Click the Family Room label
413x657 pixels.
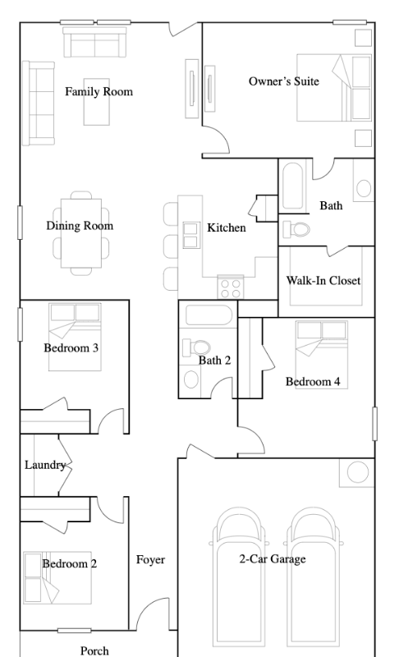pos(99,92)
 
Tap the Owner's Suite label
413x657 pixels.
pos(283,80)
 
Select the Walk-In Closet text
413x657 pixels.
pos(324,280)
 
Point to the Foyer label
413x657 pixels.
pos(150,560)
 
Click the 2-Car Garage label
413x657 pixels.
pos(273,559)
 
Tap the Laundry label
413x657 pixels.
pos(45,465)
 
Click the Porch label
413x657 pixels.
pos(94,650)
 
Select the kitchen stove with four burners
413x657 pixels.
pos(231,287)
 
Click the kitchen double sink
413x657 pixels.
pos(190,236)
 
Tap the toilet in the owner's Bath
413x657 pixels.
pos(296,229)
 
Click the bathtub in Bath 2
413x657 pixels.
pos(209,315)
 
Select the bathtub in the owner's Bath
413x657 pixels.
pos(292,186)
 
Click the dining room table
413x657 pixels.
pos(81,232)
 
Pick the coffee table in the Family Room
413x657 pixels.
pos(97,102)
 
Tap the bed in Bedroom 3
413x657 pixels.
pos(75,337)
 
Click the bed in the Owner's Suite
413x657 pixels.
pos(334,88)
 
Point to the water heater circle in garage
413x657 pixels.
pos(358,472)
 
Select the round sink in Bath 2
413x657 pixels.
pos(191,379)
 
